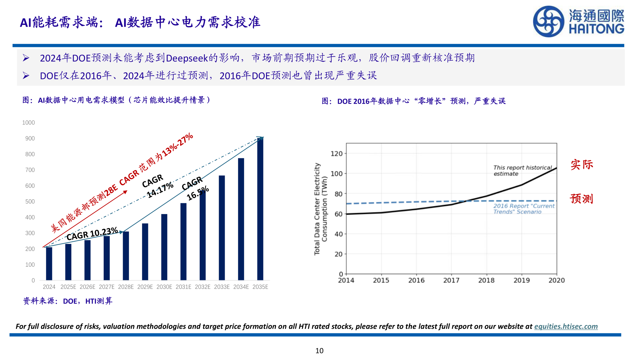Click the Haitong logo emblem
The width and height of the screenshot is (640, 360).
click(548, 22)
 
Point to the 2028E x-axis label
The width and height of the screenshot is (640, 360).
click(126, 287)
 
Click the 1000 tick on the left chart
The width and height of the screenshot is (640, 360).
click(29, 123)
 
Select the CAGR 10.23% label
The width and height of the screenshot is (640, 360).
click(92, 234)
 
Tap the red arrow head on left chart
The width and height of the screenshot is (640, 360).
click(125, 192)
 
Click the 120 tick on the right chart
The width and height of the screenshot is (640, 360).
click(337, 154)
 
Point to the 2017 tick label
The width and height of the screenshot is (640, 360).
click(451, 281)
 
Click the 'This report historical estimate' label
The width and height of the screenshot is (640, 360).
click(522, 171)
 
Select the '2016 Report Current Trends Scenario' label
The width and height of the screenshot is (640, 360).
click(524, 209)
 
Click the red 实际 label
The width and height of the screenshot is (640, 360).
click(582, 165)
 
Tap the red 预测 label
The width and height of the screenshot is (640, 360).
click(582, 199)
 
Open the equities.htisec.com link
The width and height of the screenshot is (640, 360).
click(566, 327)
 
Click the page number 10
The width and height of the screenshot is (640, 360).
click(319, 351)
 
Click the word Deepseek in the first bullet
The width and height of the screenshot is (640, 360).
click(187, 58)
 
